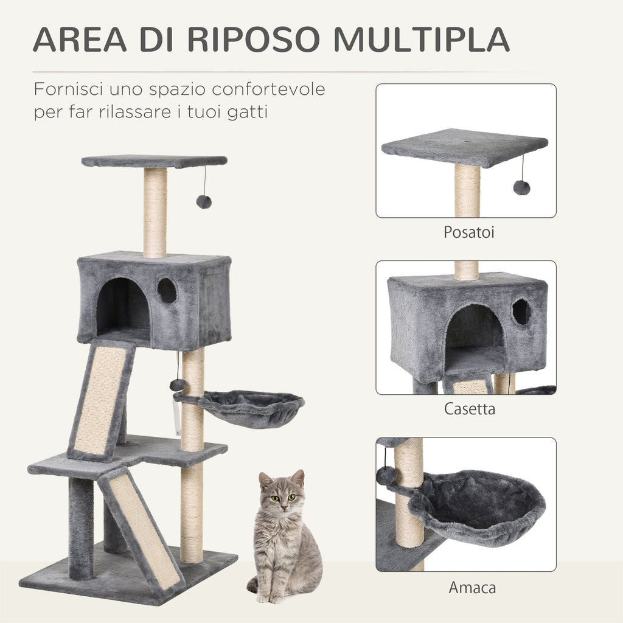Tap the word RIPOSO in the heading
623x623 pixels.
254,39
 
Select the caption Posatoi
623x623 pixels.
465,232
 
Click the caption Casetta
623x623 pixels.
469,409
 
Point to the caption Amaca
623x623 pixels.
472,588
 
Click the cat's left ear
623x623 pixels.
298,478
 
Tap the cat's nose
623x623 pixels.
283,507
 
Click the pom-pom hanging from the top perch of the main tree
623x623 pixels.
204,202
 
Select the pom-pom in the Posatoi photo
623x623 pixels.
521,187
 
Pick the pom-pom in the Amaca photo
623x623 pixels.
386,475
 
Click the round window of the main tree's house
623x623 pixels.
167,291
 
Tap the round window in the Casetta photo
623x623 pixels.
521,311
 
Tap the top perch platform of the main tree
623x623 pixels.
154,161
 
